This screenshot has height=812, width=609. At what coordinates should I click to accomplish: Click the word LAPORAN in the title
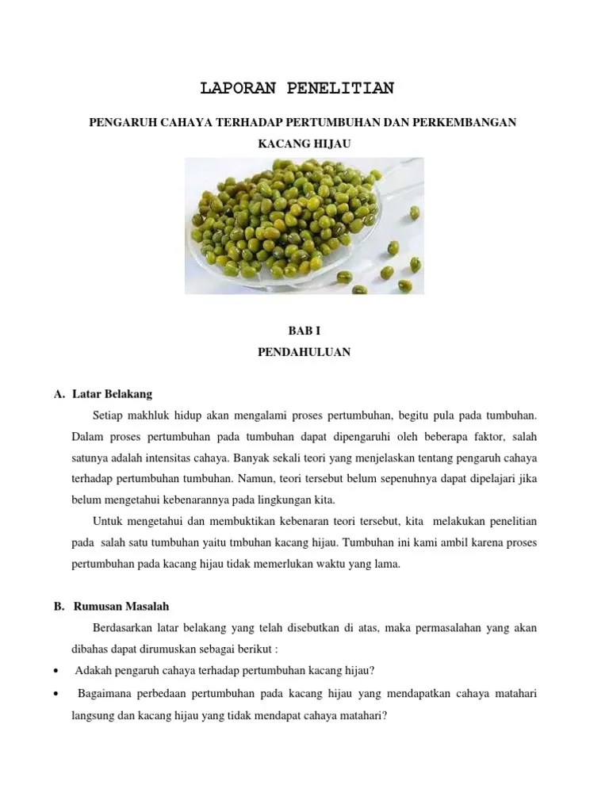(x=236, y=88)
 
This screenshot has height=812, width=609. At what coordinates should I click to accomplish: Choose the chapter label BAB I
(x=304, y=330)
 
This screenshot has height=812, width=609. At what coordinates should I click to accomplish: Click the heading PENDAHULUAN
(x=304, y=353)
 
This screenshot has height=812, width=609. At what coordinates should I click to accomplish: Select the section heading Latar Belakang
(x=112, y=393)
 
